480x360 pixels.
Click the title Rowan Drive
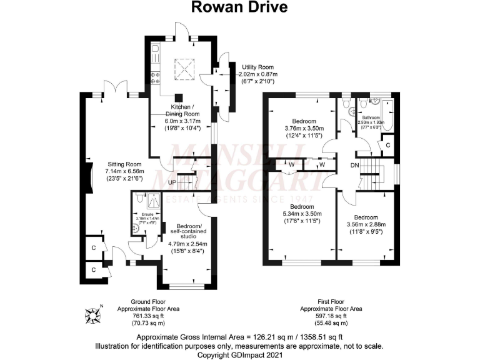240,8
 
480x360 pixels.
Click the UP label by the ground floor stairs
171,182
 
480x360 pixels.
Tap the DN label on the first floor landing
354,166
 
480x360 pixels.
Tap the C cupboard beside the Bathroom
388,145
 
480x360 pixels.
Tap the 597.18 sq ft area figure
322,316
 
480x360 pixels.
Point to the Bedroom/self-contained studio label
180,231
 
